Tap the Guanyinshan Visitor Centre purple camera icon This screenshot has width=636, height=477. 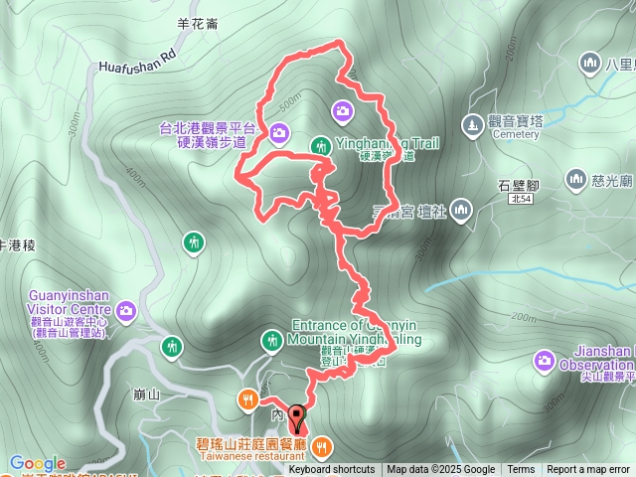pyautogui.click(x=126, y=311)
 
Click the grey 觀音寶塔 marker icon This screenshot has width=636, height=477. pyautogui.click(x=472, y=124)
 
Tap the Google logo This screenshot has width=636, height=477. pyautogui.click(x=38, y=463)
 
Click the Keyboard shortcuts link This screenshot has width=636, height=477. pyautogui.click(x=332, y=470)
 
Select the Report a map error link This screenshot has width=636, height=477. pyautogui.click(x=590, y=470)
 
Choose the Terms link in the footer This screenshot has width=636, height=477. pyautogui.click(x=521, y=470)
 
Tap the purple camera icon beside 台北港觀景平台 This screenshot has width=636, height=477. pyautogui.click(x=278, y=131)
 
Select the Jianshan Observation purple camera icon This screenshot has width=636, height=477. pyautogui.click(x=544, y=359)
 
